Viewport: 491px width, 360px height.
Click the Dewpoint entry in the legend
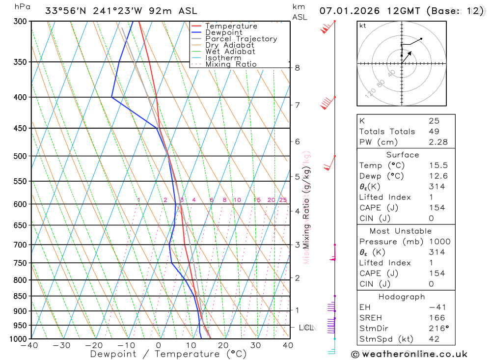coord(223,32)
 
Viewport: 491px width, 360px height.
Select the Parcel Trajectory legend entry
coord(241,39)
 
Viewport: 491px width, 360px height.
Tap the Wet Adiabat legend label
coord(230,52)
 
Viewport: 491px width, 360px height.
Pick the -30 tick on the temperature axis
coord(62,345)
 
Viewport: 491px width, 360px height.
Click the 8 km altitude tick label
coord(297,68)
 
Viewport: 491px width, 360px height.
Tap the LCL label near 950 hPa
coord(306,327)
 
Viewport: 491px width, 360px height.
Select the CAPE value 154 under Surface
coord(436,208)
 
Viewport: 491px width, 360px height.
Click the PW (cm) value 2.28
coord(438,142)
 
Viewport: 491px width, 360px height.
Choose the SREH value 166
coord(436,318)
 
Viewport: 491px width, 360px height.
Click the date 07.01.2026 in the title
coord(348,10)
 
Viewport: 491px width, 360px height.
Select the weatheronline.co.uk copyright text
coord(409,354)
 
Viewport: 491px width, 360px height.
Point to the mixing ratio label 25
coord(283,200)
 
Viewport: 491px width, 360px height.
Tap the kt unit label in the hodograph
coord(362,26)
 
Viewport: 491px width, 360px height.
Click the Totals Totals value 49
coord(434,131)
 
